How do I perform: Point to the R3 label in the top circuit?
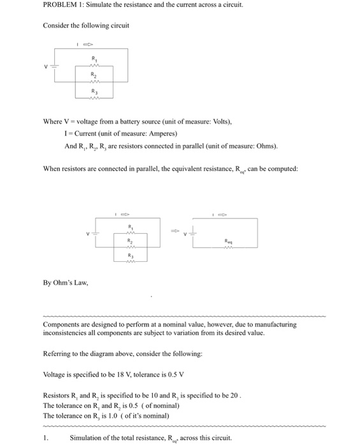95,91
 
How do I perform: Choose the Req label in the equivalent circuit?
228,241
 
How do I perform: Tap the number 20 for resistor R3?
233,395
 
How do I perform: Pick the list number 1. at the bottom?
45,437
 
